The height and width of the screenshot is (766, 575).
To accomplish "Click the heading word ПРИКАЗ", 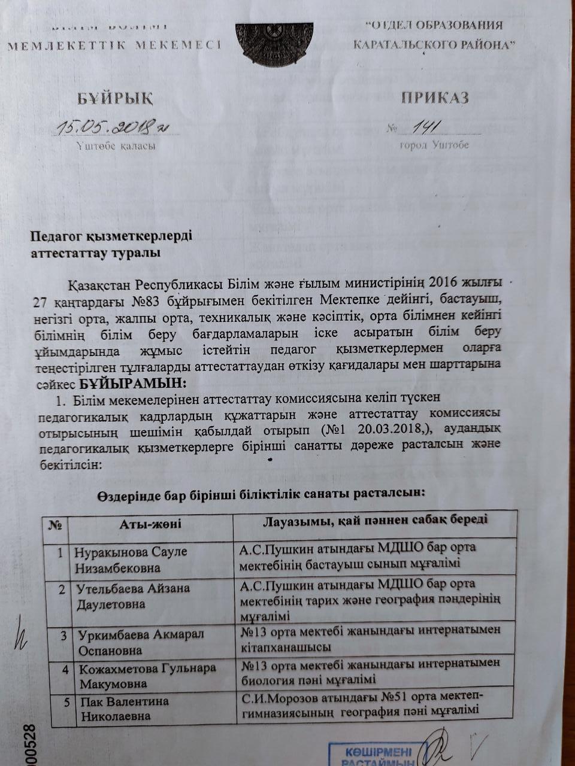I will (x=434, y=98).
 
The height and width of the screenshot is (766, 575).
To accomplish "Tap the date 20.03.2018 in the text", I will (x=376, y=430).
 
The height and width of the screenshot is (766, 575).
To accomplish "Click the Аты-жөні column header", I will (x=150, y=525).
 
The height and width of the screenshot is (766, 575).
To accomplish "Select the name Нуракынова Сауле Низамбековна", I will (x=131, y=560).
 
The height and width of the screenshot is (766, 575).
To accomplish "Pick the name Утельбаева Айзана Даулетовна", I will (x=133, y=596).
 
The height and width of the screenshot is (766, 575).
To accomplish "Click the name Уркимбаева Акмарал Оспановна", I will (x=141, y=642).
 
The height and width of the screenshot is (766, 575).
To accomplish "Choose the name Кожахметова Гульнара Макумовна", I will (x=147, y=676).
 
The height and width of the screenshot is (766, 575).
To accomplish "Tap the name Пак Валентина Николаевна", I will (x=125, y=709).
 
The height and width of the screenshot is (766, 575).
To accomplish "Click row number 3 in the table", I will (x=63, y=635).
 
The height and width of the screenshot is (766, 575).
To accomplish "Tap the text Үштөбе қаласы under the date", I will (x=116, y=145).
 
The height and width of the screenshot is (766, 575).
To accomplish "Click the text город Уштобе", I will (x=434, y=145).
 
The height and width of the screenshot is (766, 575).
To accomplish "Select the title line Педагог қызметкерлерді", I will (x=111, y=236).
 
